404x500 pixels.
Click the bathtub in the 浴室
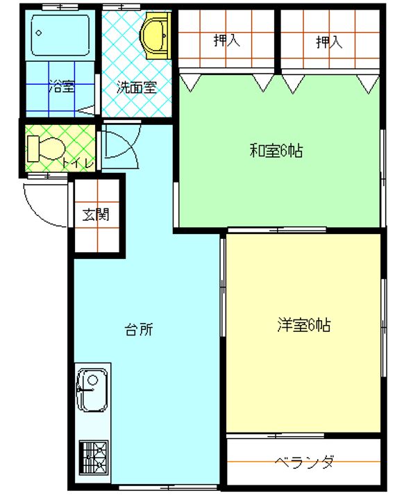click(60, 35)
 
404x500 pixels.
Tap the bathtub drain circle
click(39, 33)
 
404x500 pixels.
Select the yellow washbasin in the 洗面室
click(155, 35)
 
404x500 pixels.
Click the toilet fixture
click(46, 149)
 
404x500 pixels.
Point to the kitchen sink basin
click(92, 390)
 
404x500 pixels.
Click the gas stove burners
click(94, 457)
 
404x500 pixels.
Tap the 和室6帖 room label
click(276, 151)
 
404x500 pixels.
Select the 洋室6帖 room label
click(303, 325)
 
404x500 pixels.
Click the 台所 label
click(139, 329)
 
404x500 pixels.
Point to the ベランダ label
click(305, 462)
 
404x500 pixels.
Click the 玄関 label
click(96, 215)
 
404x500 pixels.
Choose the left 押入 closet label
click(226, 41)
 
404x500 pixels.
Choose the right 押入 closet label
click(329, 42)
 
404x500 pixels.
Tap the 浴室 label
click(62, 86)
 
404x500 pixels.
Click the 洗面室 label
click(137, 87)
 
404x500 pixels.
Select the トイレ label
click(78, 163)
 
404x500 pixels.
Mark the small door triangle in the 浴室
click(86, 110)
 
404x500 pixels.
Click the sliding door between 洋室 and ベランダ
click(275, 435)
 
